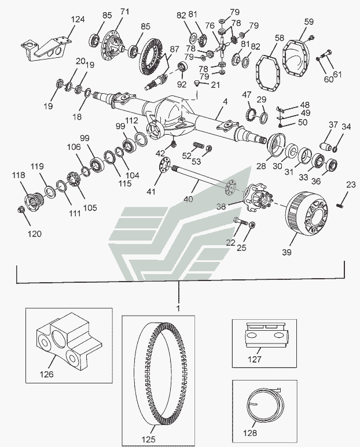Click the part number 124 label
coord(78,20)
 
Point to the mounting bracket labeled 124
coord(46,49)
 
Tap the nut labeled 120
coord(21,209)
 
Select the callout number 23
coord(351,185)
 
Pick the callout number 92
coord(182,84)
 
